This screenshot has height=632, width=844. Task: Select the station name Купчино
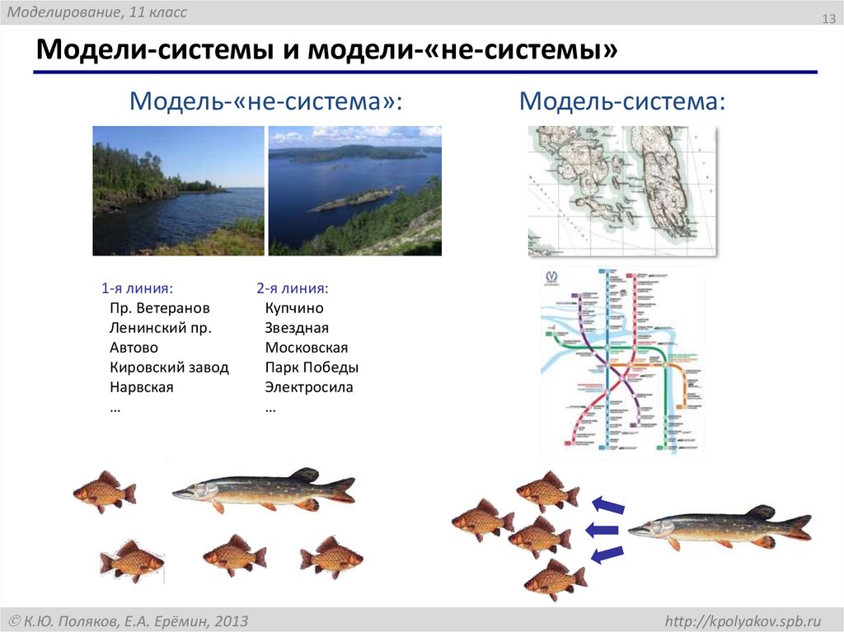click(294, 308)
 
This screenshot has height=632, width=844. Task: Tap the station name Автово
click(134, 348)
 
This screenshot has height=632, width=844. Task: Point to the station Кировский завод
click(169, 367)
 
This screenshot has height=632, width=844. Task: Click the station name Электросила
click(309, 387)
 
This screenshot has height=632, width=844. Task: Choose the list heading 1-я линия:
click(137, 288)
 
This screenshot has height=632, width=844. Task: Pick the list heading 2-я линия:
click(292, 288)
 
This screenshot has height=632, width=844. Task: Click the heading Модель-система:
click(622, 102)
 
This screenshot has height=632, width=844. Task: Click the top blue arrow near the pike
click(608, 503)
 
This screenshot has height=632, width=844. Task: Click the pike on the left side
click(264, 489)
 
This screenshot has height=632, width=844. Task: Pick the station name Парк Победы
click(312, 367)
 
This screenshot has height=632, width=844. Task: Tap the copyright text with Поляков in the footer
click(128, 620)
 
